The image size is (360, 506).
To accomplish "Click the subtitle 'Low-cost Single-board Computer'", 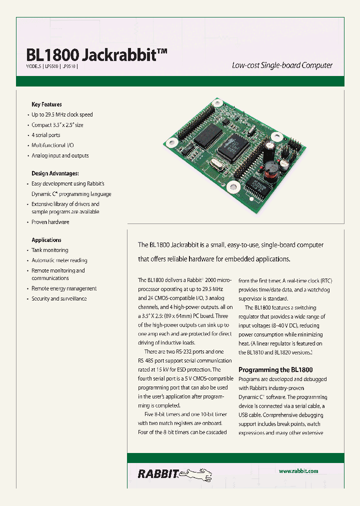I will pos(282,65).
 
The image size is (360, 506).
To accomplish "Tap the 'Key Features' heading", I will pos(46,104).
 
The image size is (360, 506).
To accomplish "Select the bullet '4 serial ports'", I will pos(45,135).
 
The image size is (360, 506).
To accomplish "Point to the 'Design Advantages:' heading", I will pos(55,173).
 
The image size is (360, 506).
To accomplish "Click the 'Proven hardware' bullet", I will pos(50,222).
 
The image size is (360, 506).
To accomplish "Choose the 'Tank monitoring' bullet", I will pos(49,250).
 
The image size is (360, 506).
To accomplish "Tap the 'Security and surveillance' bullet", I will pos(59,298).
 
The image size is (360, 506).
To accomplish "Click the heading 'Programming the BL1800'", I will pos(275,370).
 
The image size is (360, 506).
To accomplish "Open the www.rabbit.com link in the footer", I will pos(298,471).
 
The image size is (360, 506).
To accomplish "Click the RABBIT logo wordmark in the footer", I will pos(157,473).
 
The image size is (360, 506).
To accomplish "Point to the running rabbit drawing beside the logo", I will pos(199,472).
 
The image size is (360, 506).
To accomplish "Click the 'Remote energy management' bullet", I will pos(64,288).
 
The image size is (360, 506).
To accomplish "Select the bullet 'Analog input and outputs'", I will pos(60,155).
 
